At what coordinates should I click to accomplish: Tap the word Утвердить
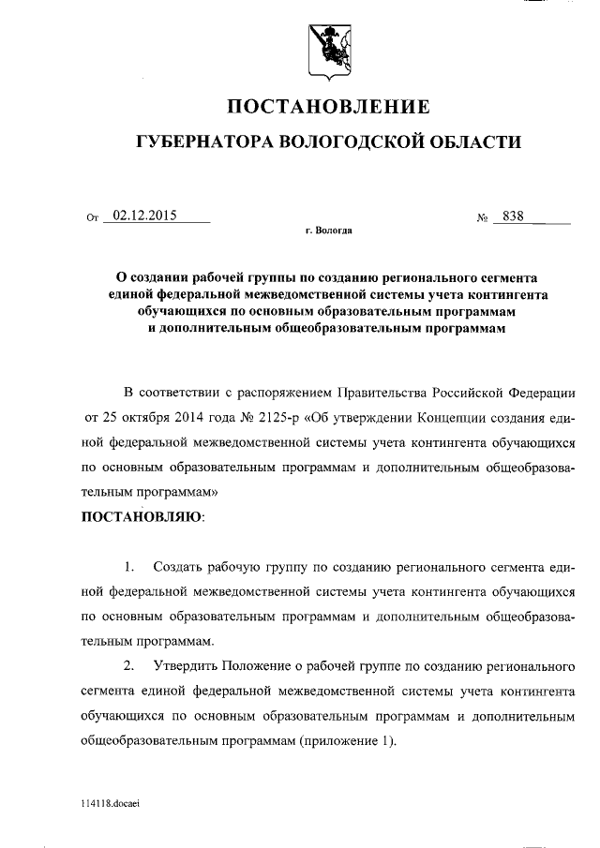184,666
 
